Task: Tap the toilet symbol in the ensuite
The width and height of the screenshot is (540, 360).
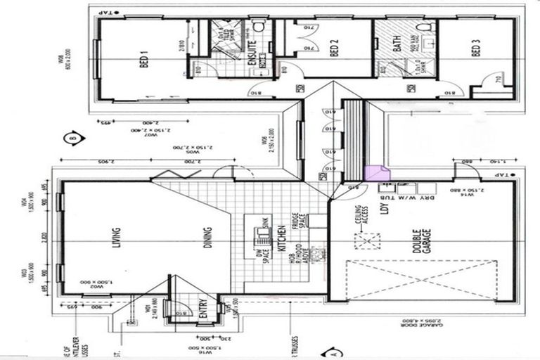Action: (258, 27)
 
